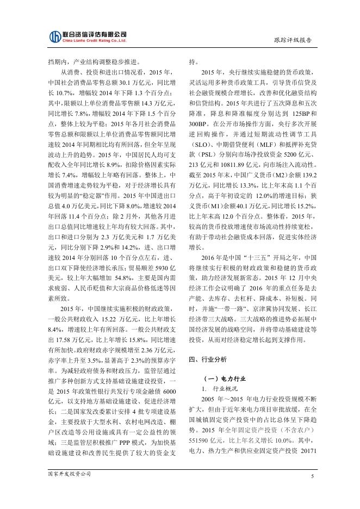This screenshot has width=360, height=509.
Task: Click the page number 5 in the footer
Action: click(313, 476)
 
